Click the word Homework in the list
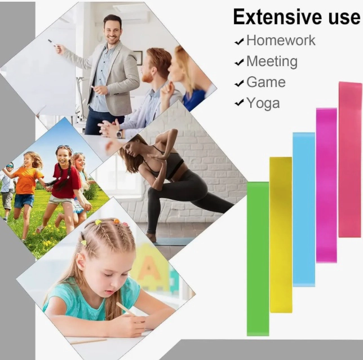click(x=281, y=40)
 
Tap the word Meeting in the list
click(x=272, y=62)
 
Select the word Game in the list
click(x=266, y=82)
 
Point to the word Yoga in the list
click(x=263, y=103)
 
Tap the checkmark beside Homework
click(x=239, y=42)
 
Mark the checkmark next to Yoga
click(x=239, y=102)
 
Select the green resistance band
click(x=258, y=258)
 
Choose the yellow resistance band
click(x=281, y=235)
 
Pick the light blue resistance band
click(x=304, y=209)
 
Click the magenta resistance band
click(x=326, y=185)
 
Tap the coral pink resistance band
click(x=350, y=160)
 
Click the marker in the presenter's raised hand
click(x=52, y=43)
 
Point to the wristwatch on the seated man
click(x=119, y=134)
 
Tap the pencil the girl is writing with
click(x=126, y=309)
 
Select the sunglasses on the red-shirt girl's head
click(x=64, y=147)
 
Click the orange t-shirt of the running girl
click(x=28, y=181)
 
